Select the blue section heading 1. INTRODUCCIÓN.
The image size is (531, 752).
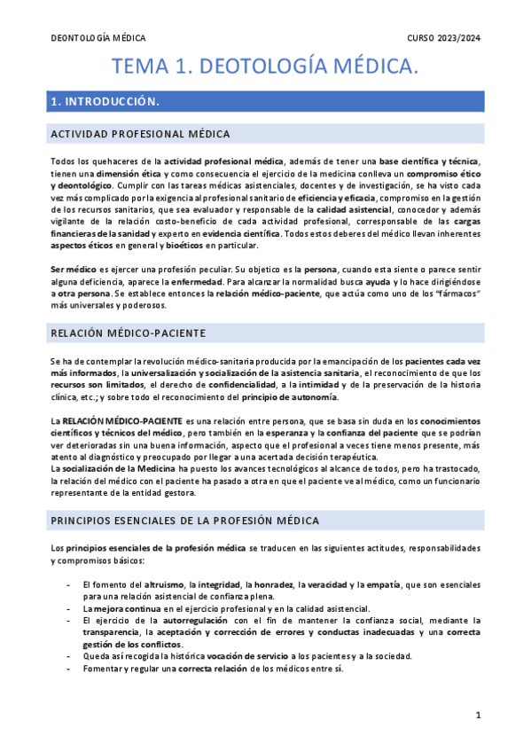click(106, 102)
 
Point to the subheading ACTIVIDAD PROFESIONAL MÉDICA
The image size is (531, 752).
click(141, 134)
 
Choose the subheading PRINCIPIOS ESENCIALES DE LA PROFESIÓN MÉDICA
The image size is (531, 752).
click(185, 520)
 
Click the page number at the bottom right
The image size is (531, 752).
click(478, 715)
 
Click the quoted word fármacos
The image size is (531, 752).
click(452, 293)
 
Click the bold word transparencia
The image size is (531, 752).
click(112, 632)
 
